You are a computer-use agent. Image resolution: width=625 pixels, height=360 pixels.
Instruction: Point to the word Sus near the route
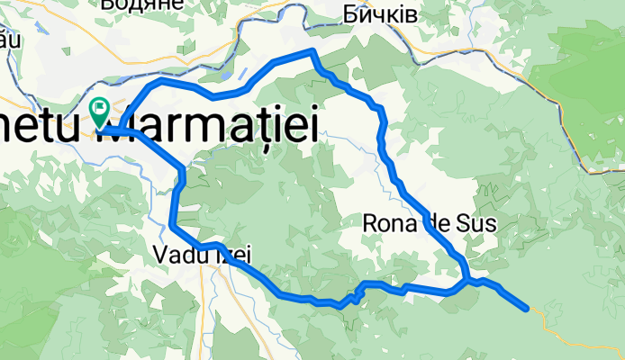point(477,223)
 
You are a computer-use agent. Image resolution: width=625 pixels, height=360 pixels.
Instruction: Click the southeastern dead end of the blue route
point(527,309)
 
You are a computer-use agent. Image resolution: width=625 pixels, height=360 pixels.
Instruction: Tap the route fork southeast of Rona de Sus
point(466,282)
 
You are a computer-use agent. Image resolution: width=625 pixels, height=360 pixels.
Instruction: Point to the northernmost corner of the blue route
point(312,50)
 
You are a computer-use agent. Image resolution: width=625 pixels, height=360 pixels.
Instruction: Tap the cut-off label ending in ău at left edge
point(8,40)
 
